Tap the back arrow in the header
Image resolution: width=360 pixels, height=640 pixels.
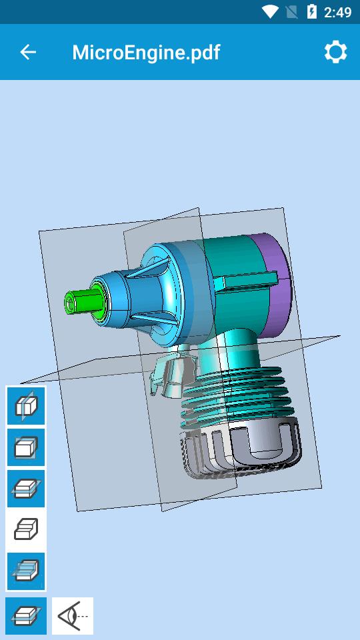click(28, 52)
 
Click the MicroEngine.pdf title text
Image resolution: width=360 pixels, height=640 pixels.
click(146, 52)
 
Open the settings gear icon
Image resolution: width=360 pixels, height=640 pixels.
click(335, 52)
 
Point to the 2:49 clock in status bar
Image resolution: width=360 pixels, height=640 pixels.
click(337, 12)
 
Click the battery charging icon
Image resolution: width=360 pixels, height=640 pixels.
click(311, 12)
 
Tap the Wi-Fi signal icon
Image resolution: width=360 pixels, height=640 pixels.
click(270, 12)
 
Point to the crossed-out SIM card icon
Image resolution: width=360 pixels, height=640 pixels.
click(291, 12)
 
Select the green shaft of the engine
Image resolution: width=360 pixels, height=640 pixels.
click(80, 301)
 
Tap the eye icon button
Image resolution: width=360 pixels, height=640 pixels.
click(73, 615)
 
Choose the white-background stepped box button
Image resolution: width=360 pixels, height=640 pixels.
click(26, 529)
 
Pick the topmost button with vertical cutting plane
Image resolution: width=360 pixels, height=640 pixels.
click(26, 405)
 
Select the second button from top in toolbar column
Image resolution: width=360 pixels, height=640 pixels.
click(26, 447)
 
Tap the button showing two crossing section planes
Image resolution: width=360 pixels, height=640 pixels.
click(26, 571)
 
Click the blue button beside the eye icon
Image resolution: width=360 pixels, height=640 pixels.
click(26, 615)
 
